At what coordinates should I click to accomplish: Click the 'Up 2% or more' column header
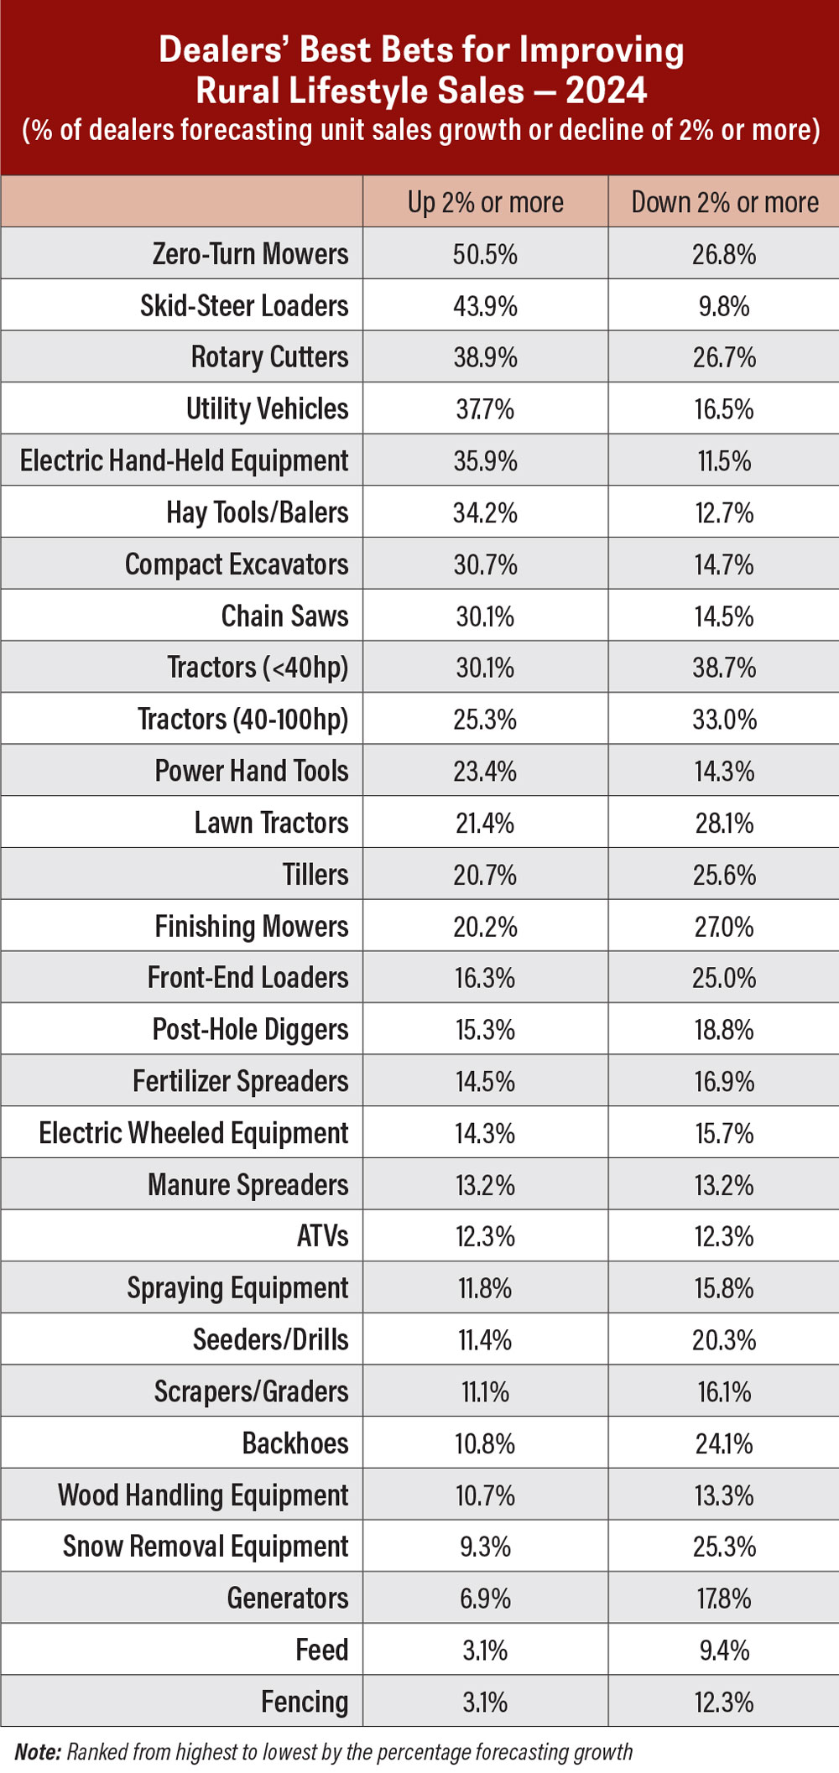(485, 202)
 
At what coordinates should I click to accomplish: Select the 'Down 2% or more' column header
(724, 202)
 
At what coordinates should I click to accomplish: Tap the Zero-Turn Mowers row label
(250, 253)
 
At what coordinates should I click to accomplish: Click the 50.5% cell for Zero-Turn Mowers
(485, 254)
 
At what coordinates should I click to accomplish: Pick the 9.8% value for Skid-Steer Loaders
(724, 306)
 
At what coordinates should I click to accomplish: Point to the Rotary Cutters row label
(269, 357)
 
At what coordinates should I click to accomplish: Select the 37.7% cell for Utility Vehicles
(485, 409)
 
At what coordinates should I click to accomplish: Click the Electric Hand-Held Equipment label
(184, 460)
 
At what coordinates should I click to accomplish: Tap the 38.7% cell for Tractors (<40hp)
(724, 668)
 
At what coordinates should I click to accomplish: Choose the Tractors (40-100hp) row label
(242, 720)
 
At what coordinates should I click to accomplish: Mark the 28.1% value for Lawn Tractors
(724, 823)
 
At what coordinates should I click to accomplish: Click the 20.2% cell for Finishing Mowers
(485, 927)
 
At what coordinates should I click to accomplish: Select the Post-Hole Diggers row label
(250, 1029)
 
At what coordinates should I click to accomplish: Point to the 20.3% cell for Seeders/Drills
(724, 1340)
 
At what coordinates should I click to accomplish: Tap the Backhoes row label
(295, 1443)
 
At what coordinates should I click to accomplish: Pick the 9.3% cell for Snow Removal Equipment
(485, 1547)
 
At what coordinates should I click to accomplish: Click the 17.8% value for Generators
(724, 1599)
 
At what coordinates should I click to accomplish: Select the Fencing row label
(305, 1702)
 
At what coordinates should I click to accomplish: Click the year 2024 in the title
(606, 91)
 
